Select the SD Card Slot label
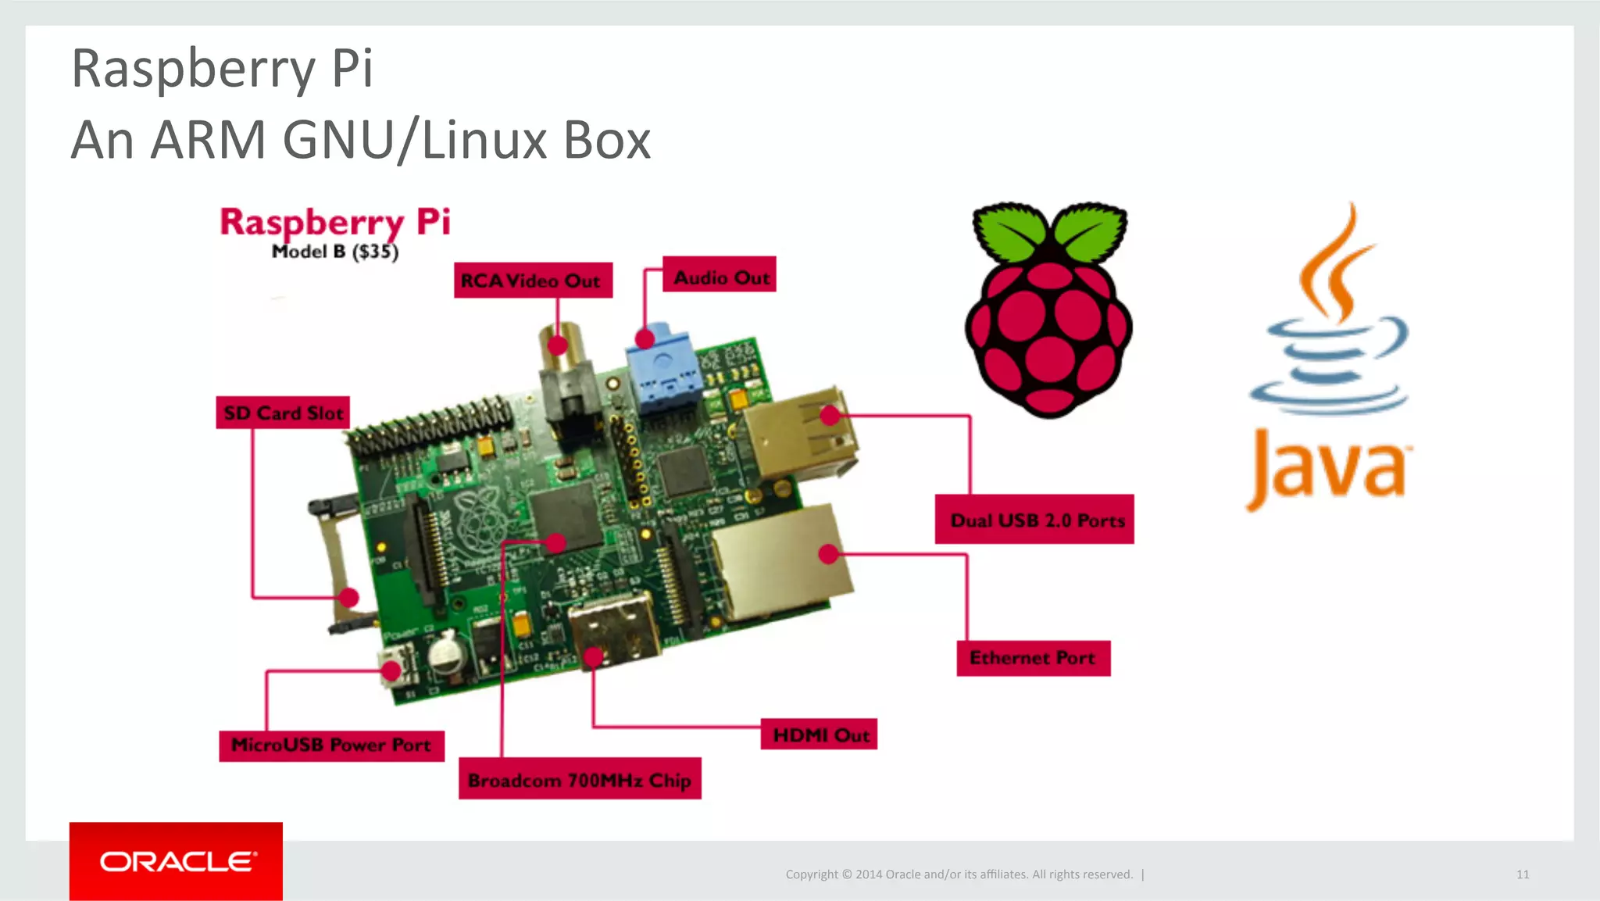283,413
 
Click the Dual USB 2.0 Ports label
1034,520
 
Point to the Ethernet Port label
1033,658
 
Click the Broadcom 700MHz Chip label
579,779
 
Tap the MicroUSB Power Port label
331,745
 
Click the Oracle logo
177,861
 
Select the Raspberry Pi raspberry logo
1048,328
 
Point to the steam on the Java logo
1337,266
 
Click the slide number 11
1522,874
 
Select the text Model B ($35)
335,252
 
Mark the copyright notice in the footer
959,874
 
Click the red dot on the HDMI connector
593,657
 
